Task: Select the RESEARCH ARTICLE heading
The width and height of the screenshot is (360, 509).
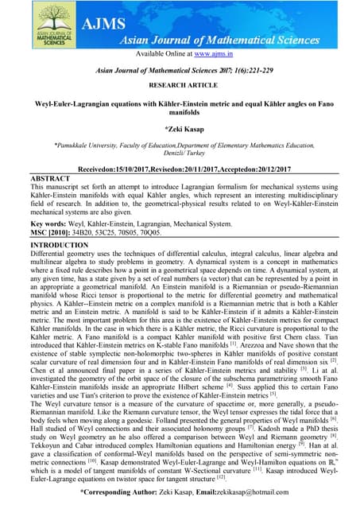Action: [x=180, y=84]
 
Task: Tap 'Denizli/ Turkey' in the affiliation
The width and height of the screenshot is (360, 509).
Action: [x=180, y=155]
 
